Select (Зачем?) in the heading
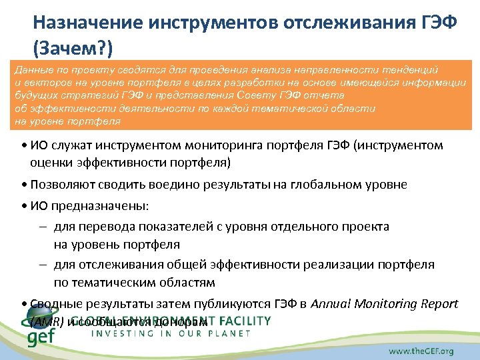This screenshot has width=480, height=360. [73, 48]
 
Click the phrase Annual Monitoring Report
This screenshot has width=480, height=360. [385, 303]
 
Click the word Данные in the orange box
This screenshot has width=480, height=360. [32, 69]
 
